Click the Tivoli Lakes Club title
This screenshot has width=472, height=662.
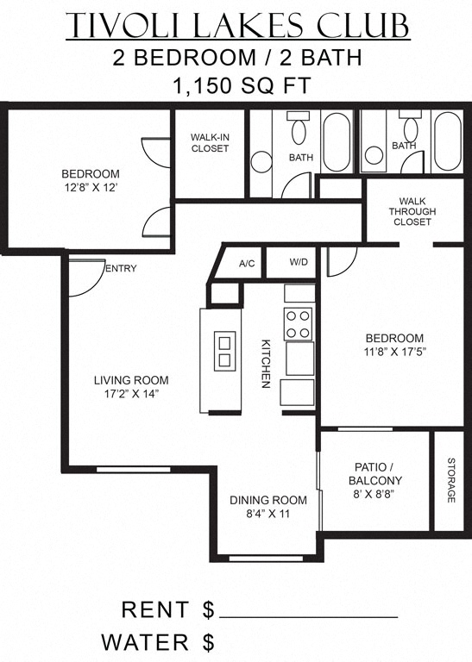click(x=236, y=26)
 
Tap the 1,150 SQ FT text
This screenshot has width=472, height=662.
click(x=236, y=86)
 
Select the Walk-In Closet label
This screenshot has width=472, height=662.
click(x=210, y=142)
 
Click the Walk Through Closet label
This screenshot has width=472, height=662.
click(x=412, y=211)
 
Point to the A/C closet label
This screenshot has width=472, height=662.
click(x=246, y=263)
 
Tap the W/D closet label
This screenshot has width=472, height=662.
click(x=299, y=262)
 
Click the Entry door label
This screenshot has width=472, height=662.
click(x=121, y=269)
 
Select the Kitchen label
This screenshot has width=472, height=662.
click(x=267, y=362)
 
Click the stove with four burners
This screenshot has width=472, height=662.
click(x=299, y=324)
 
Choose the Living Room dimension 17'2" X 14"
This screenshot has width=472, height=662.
click(x=131, y=394)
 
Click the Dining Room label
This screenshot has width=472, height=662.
click(x=267, y=500)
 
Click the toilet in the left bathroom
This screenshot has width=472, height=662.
click(x=299, y=131)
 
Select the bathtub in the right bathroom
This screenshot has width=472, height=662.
click(x=447, y=142)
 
